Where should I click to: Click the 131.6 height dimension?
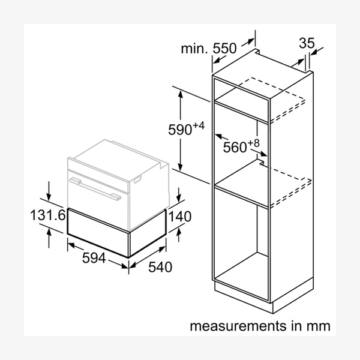[48, 215]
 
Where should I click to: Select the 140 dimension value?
[180, 216]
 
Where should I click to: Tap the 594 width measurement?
[94, 258]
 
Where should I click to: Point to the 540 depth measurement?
[160, 267]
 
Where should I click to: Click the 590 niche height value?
[180, 130]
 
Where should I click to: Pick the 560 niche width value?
[235, 147]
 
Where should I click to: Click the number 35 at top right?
[307, 43]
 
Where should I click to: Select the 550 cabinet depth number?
[224, 49]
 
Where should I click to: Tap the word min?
[194, 49]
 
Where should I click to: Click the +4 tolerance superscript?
[199, 125]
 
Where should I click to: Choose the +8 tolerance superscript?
[253, 143]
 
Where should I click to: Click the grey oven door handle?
[95, 188]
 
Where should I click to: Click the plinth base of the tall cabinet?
[264, 296]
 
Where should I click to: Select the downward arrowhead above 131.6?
[49, 197]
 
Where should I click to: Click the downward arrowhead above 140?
[179, 198]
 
